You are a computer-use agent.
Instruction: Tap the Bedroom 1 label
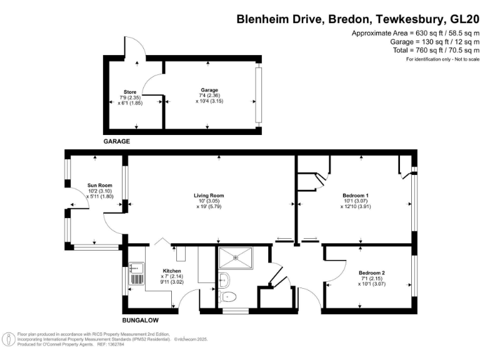355,195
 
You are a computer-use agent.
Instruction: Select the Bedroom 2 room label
371,272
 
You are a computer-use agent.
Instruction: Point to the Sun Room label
99,185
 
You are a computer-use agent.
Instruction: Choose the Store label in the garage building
130,92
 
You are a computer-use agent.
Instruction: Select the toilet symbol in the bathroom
229,296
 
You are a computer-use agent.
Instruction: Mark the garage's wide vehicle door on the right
257,94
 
